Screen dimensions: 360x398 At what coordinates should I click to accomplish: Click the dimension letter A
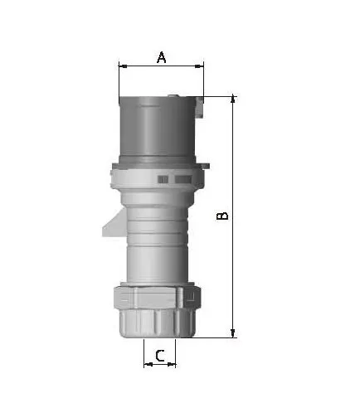(x=162, y=57)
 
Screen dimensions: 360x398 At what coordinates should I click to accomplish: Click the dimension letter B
(x=222, y=216)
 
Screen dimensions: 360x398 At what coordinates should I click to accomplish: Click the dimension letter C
(x=160, y=356)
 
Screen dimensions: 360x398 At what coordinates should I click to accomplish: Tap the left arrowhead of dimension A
(x=123, y=66)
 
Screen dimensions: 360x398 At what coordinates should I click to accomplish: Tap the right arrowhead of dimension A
(x=199, y=66)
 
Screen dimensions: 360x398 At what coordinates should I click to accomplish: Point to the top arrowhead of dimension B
(x=233, y=99)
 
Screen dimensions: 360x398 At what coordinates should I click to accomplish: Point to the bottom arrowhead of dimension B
(x=233, y=333)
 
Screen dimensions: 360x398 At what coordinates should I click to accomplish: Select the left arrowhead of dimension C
(x=148, y=365)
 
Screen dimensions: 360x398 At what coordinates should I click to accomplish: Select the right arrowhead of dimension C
(x=172, y=365)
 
